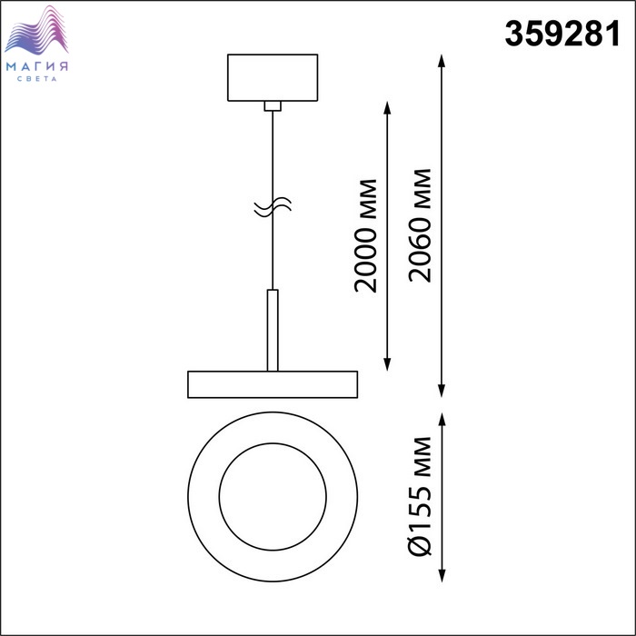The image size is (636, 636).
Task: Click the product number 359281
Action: [562, 34]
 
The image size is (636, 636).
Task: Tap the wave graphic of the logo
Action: [36, 30]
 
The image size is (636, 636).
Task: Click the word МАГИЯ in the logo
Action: [37, 66]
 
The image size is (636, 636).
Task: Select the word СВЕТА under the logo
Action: [37, 79]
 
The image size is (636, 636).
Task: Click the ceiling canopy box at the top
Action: [273, 77]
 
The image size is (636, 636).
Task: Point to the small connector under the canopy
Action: [273, 106]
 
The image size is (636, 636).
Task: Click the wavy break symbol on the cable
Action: [273, 207]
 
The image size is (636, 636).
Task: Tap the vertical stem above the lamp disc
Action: [273, 330]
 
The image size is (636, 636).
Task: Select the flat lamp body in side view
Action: [273, 384]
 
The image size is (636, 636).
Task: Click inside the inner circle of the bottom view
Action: [273, 497]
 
